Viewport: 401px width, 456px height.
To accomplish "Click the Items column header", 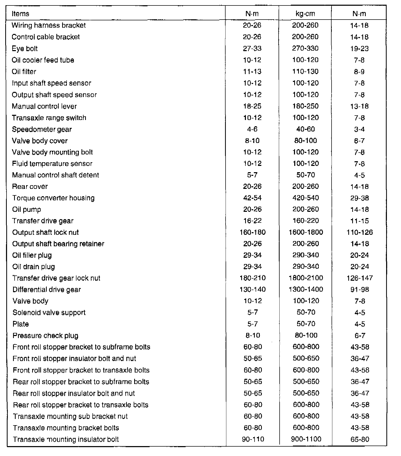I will coord(20,14).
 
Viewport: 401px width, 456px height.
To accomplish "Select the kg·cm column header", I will coord(305,14).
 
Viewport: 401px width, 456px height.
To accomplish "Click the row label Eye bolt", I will coord(25,49).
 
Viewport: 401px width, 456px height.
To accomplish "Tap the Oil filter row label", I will coord(24,71).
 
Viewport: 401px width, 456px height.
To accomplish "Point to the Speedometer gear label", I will coord(42,129).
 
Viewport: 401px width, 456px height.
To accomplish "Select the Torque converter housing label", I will coord(53,198).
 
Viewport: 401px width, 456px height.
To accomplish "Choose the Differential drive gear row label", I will coord(47,290).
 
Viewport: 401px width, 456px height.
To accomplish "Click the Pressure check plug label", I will coord(45,335).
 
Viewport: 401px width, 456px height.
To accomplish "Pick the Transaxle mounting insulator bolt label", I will coord(66,440).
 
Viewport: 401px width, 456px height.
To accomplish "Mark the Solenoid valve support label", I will coord(49,313).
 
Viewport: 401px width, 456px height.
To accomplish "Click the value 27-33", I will coord(252,49).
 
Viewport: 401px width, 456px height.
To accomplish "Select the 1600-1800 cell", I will coord(306,232).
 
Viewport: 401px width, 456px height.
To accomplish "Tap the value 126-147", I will coord(359,278).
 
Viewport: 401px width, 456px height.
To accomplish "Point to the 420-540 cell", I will coord(306,198).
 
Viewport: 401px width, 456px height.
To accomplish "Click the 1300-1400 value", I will coord(306,290).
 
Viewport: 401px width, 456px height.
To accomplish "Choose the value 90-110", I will coord(253,439).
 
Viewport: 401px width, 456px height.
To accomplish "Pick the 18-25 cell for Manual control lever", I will coord(252,106).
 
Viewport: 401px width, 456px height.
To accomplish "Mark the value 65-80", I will coord(360,440).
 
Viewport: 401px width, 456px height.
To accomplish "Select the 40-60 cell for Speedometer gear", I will coord(306,129).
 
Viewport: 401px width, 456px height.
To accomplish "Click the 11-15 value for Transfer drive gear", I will coord(359,221).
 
